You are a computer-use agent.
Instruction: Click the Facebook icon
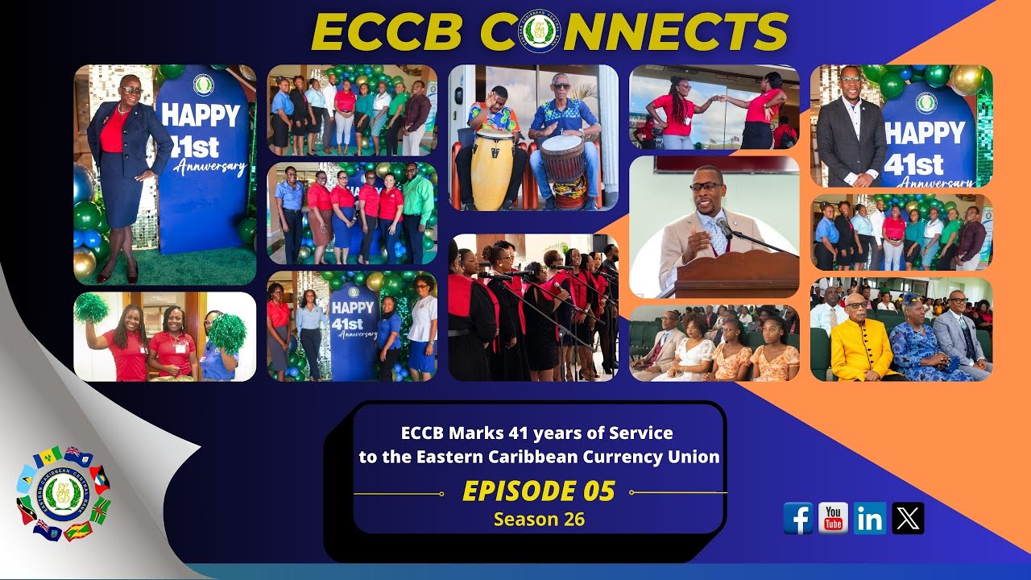coord(798,518)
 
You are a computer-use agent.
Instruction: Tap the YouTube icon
coord(834,518)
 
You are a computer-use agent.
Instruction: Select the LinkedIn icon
coord(870,518)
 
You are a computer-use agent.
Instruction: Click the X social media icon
coord(908,518)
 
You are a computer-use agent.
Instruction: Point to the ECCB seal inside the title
coord(540,31)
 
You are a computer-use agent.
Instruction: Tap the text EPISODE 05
coord(539,491)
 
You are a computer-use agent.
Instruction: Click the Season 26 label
coord(539,520)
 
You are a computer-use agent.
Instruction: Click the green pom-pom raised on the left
coord(90,309)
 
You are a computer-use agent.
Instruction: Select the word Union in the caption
coord(695,457)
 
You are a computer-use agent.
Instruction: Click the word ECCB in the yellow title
coord(388,32)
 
